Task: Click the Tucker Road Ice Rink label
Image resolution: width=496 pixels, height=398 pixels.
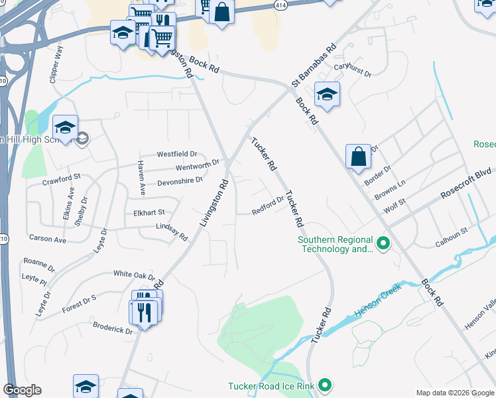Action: click(x=272, y=386)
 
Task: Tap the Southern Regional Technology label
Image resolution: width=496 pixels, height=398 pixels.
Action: click(x=334, y=245)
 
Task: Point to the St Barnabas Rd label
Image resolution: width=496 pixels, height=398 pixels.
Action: click(x=314, y=66)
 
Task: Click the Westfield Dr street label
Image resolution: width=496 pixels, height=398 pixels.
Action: click(x=177, y=154)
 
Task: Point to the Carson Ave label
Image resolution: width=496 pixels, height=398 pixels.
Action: click(x=47, y=239)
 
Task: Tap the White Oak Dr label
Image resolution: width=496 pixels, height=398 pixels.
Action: click(x=133, y=274)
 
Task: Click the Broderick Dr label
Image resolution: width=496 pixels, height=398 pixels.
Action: click(x=113, y=327)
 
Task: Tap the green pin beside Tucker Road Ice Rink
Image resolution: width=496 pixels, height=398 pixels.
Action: click(x=325, y=385)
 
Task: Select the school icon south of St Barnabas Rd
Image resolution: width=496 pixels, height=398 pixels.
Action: click(x=327, y=94)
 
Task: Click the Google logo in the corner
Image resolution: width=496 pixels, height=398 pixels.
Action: click(x=22, y=390)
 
